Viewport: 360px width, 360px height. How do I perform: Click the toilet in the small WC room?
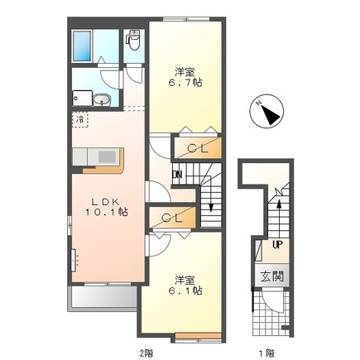[133, 41]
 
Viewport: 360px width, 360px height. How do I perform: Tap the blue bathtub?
[82, 46]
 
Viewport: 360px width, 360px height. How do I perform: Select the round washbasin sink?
[102, 99]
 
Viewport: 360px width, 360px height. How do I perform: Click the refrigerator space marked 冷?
[80, 119]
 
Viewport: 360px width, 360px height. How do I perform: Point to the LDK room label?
[105, 202]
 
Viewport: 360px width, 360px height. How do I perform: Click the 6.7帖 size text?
[185, 82]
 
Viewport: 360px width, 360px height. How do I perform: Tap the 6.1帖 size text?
[185, 290]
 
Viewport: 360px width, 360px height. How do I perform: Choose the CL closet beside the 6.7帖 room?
[198, 148]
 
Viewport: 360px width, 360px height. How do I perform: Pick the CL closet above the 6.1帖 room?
[172, 218]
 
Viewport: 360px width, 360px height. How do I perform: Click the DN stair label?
[177, 175]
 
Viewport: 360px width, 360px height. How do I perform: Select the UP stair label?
[277, 244]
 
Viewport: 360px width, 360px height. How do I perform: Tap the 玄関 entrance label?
[272, 276]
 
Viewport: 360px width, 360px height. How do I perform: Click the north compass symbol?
[266, 111]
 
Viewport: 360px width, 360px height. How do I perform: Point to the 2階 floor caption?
[146, 353]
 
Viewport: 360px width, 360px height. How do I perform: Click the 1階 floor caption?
[266, 353]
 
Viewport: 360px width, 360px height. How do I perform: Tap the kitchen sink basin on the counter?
[107, 157]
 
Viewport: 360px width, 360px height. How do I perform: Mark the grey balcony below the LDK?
[103, 298]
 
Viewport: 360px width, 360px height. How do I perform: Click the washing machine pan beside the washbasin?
[82, 98]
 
